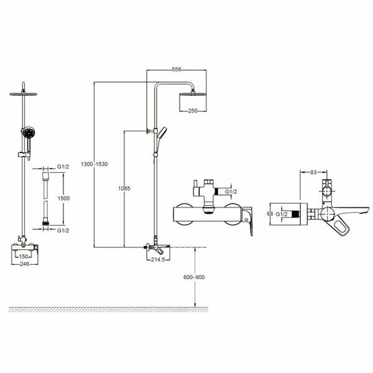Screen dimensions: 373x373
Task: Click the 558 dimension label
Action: (177, 70)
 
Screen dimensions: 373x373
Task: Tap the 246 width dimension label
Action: (24, 263)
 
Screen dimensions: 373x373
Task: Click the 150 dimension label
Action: (24, 256)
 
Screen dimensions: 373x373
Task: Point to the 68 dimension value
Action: (270, 213)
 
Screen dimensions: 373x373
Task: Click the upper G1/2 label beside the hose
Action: (63, 167)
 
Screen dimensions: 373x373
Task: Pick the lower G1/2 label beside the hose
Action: (63, 230)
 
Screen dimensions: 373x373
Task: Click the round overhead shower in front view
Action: (24, 94)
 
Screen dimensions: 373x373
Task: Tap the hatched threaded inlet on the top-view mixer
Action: (302, 213)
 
